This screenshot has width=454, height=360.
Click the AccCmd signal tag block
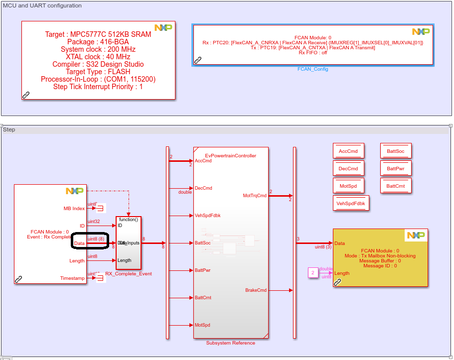348,151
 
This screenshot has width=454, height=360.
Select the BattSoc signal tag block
396,151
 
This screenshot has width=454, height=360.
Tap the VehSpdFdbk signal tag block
351,203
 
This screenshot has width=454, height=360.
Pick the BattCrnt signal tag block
396,186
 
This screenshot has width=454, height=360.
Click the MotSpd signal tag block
348,186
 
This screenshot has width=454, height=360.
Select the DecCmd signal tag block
348,168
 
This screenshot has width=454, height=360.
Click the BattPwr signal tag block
396,168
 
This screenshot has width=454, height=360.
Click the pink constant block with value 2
312,272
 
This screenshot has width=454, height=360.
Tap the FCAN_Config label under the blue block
312,69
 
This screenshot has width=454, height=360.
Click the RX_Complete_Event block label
129,274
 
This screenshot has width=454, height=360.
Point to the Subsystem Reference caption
231,343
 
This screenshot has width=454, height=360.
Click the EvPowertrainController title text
231,156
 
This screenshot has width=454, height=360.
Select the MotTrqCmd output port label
255,196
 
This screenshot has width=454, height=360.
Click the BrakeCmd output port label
256,290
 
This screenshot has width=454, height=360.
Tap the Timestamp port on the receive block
72,278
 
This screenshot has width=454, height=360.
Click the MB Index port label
74,208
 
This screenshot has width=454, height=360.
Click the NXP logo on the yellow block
416,235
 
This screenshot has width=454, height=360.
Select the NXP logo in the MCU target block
163,28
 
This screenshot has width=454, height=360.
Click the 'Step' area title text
9,129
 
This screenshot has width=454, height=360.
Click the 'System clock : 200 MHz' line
98,49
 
